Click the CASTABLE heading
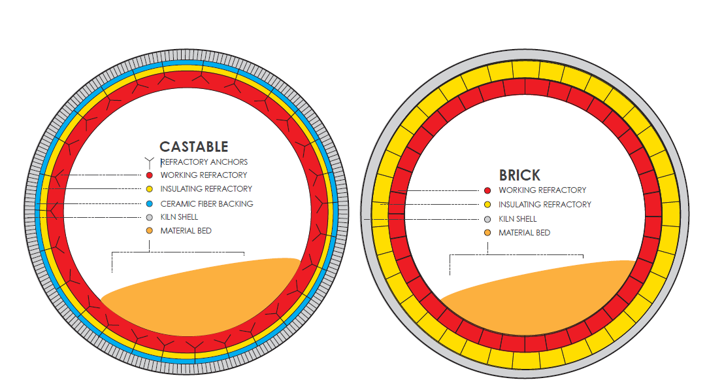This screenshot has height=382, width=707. point(193,147)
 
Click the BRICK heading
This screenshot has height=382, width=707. point(519,175)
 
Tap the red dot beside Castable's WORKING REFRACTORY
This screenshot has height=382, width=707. point(149,175)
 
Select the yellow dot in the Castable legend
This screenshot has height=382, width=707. point(149,189)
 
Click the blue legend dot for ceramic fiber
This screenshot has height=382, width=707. point(149,203)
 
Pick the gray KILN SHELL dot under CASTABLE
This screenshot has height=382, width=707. point(149,217)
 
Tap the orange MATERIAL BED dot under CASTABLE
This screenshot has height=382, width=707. point(149,231)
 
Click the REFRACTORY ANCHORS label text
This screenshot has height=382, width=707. point(205,162)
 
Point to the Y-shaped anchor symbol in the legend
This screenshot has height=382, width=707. point(149,161)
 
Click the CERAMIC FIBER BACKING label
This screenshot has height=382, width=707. point(206,203)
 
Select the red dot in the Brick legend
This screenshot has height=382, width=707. point(487,190)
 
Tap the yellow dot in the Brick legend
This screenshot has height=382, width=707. point(487,205)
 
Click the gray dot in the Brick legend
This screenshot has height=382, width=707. point(487,219)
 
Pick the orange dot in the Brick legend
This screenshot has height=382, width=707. point(487,233)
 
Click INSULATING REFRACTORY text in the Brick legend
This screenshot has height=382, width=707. point(545,205)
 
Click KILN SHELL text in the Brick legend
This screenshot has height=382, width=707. point(518,219)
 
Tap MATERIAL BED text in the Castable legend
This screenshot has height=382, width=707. point(186,231)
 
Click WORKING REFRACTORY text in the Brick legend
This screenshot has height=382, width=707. point(542,190)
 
